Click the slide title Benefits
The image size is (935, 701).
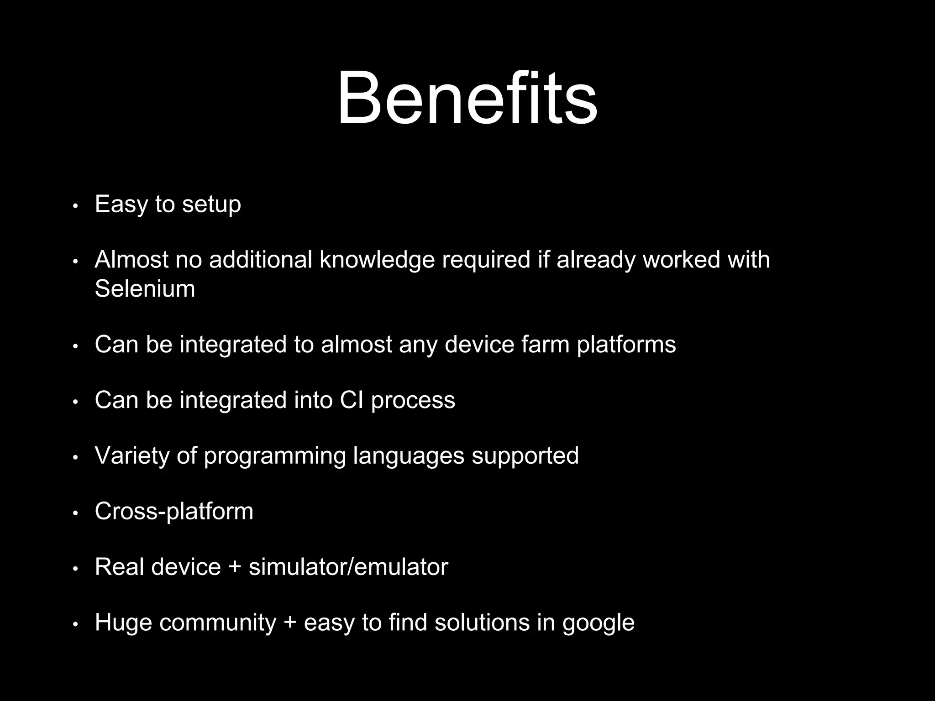click(467, 98)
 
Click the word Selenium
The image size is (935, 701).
click(145, 288)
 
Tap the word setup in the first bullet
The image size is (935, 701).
click(211, 204)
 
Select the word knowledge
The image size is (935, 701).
click(377, 260)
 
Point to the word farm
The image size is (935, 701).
click(545, 344)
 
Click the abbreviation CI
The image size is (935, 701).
click(351, 400)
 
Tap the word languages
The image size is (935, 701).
click(409, 456)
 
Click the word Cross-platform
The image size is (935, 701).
click(174, 511)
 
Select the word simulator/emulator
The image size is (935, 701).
click(348, 567)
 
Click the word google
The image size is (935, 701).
click(598, 623)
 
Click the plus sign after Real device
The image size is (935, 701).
click(235, 568)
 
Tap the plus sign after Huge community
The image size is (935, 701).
click(290, 623)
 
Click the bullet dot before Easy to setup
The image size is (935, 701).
click(76, 206)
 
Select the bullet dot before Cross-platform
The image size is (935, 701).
click(76, 513)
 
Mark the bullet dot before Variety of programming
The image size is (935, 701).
click(76, 457)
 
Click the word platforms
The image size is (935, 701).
click(626, 345)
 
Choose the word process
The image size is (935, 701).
click(413, 401)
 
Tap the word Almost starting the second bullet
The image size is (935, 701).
click(131, 260)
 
